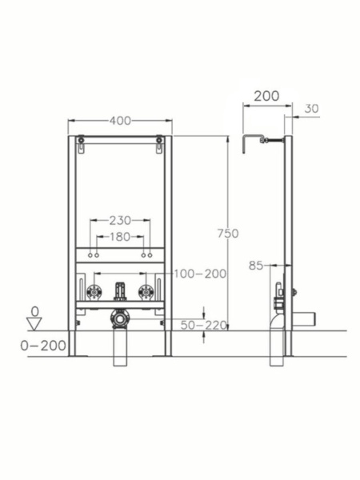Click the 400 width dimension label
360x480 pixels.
[x=120, y=121]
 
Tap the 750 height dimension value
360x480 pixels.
[x=228, y=233]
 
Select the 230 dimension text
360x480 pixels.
[x=120, y=220]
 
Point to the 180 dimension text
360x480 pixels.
[x=120, y=237]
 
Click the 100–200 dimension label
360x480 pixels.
[x=200, y=274]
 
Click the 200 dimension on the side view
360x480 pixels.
[x=266, y=96]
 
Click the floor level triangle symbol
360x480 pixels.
[x=34, y=322]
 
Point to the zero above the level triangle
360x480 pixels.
[x=34, y=310]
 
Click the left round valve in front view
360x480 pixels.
[x=95, y=290]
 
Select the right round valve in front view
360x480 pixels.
[x=145, y=290]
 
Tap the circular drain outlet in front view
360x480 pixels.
[x=120, y=318]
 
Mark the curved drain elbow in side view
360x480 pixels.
[x=275, y=320]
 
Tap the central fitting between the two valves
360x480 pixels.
[x=120, y=290]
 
